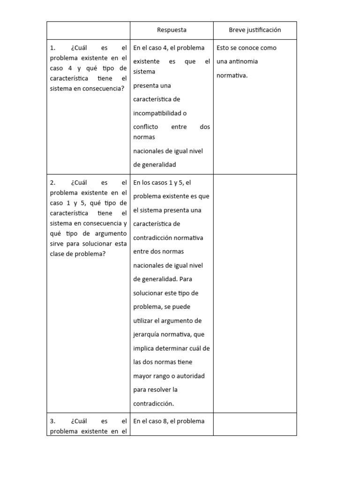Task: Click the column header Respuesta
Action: pyautogui.click(x=172, y=30)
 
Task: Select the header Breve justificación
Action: pyautogui.click(x=255, y=30)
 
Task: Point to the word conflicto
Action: pyautogui.click(x=145, y=127)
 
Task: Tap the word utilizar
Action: pyautogui.click(x=142, y=321)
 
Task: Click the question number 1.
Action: pyautogui.click(x=52, y=48)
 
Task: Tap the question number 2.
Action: pyautogui.click(x=52, y=183)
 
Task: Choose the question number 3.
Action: pyautogui.click(x=52, y=421)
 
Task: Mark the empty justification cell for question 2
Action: pyautogui.click(x=255, y=293)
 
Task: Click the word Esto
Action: pyautogui.click(x=223, y=48)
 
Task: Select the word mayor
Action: pyautogui.click(x=142, y=376)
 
